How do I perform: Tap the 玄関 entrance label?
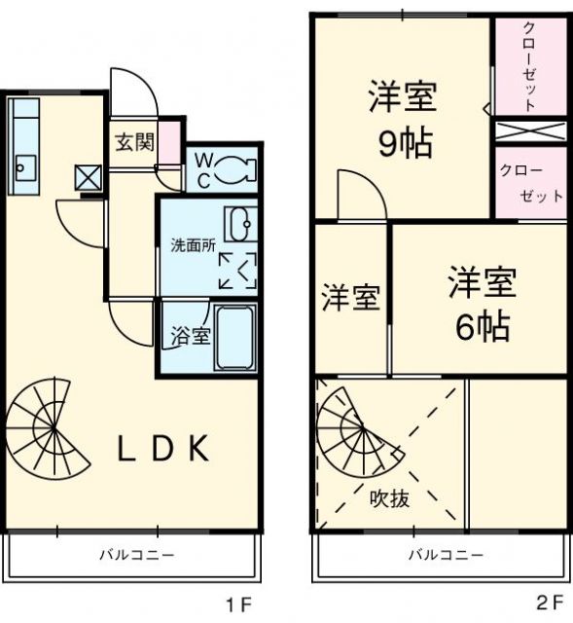coord(135,142)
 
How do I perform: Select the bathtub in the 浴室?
coord(235,338)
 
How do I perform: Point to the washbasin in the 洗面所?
coord(240,224)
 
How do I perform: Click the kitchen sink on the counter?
coord(26,168)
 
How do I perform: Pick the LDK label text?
coord(163,449)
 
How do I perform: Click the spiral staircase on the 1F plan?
coord(47,428)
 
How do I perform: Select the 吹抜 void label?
coord(389,497)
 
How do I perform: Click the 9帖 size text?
coord(405,144)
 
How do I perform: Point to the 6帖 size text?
coord(483,327)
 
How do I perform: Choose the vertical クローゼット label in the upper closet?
coord(529,67)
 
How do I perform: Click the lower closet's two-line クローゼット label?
coord(531,183)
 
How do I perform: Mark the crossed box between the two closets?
coord(531,131)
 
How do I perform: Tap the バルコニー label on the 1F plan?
coord(136,554)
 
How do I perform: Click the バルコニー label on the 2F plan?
coord(446,554)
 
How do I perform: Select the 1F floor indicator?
coord(239,604)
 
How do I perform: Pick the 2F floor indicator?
coord(551,603)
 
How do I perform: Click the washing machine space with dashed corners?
coord(237,271)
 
